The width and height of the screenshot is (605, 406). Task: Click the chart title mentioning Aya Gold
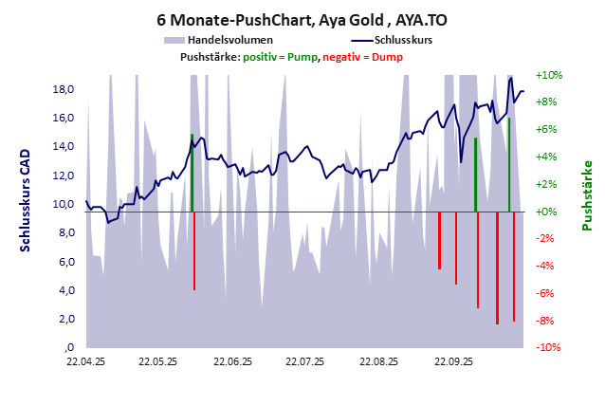coord(302,20)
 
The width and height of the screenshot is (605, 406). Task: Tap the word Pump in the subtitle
coord(301,57)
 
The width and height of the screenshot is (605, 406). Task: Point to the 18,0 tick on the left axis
coord(63,89)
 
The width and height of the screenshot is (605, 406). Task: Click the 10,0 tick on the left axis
coord(63,204)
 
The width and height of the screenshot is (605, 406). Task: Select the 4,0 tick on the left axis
coord(64,290)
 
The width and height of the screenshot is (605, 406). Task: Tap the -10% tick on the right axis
coord(549,348)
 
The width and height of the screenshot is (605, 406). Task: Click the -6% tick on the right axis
coord(549,294)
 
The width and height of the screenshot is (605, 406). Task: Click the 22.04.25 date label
coord(85,361)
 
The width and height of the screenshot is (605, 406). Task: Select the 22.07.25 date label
coord(305,361)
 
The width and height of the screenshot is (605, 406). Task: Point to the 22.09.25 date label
coord(453,361)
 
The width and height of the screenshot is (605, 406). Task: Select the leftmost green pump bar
coord(192,173)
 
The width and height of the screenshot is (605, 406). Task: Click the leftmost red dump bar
coord(194,250)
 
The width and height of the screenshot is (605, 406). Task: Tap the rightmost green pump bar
coord(509,164)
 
